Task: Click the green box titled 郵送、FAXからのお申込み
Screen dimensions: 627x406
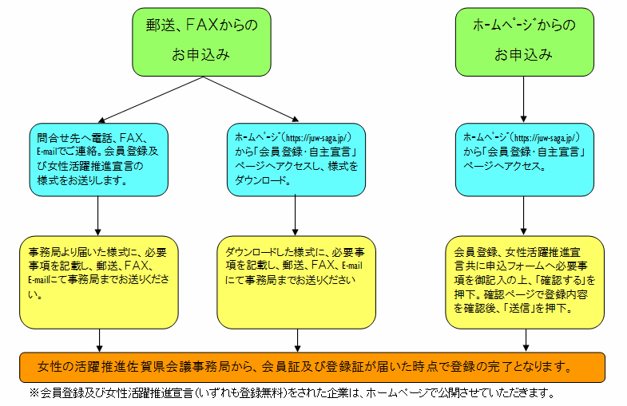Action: click(201, 42)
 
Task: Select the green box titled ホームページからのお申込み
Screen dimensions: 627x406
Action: click(524, 42)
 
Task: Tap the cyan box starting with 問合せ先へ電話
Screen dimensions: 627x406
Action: click(99, 160)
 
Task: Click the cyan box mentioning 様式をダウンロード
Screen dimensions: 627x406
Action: click(296, 160)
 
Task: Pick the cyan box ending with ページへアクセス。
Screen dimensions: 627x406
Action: click(524, 160)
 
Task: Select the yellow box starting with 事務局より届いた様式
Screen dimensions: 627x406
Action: click(99, 282)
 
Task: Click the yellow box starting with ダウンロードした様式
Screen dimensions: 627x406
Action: click(296, 282)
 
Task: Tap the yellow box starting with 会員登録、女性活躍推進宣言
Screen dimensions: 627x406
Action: click(525, 282)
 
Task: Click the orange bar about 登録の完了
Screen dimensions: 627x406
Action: click(312, 367)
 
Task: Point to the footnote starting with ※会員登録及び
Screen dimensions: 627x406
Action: click(292, 393)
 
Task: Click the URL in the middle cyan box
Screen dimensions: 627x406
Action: click(317, 138)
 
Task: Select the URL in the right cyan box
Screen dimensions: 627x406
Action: click(545, 138)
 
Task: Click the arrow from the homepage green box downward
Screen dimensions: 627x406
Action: click(523, 100)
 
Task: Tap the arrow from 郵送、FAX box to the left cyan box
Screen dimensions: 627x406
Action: click(151, 100)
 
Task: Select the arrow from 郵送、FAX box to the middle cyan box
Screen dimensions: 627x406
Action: click(251, 99)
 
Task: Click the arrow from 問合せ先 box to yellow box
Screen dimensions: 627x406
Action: click(97, 215)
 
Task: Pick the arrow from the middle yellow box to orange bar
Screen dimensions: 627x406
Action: click(297, 341)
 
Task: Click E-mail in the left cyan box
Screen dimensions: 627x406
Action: click(47, 152)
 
